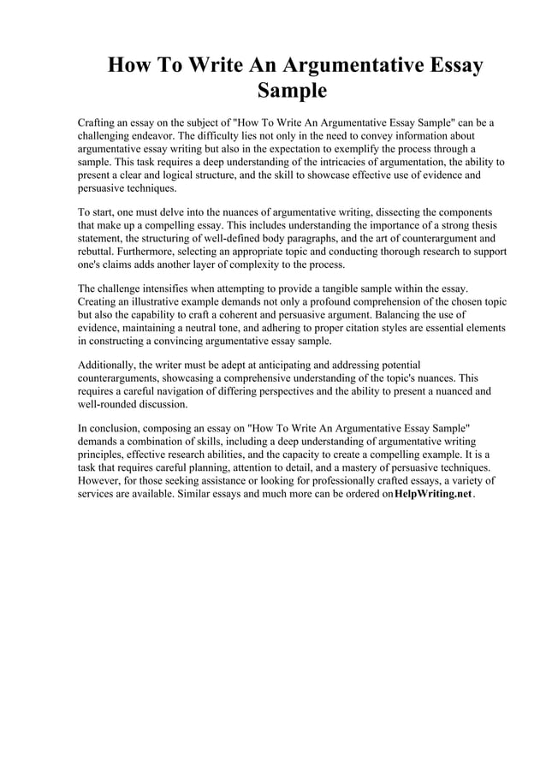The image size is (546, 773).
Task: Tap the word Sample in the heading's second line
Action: point(293,91)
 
